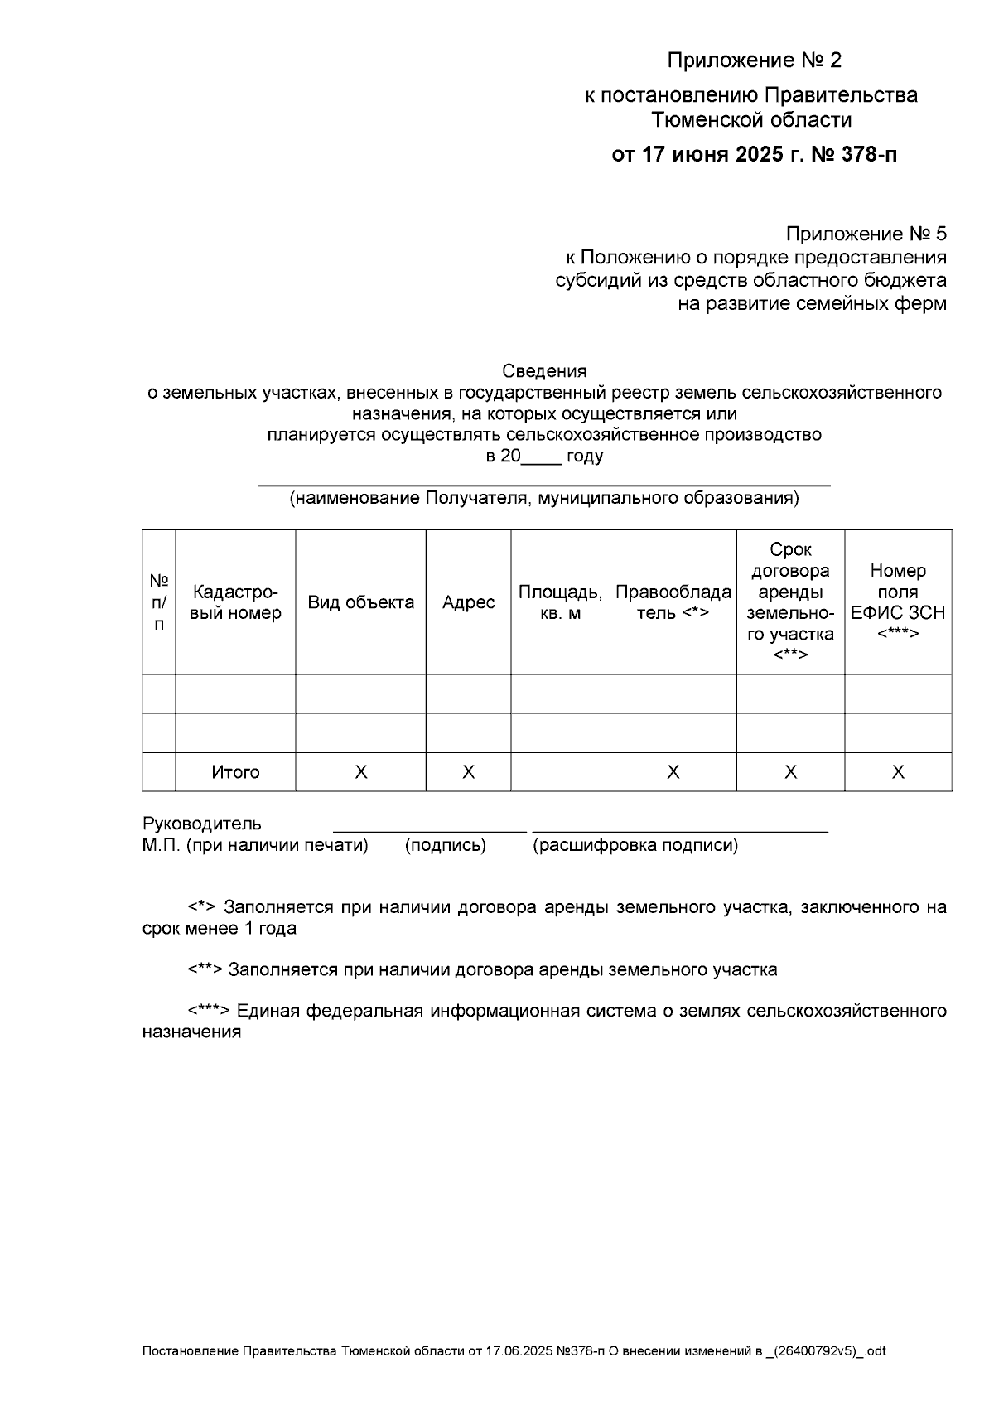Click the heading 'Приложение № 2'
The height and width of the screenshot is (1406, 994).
point(754,60)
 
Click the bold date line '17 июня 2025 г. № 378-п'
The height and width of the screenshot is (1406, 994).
point(754,155)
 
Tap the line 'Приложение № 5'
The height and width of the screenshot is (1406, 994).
point(866,234)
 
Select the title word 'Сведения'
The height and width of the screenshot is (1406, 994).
point(544,371)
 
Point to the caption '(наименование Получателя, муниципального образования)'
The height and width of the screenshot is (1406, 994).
point(544,499)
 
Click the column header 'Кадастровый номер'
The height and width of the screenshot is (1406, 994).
point(235,602)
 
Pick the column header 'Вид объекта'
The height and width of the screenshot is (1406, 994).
point(360,602)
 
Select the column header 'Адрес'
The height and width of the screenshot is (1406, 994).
point(468,602)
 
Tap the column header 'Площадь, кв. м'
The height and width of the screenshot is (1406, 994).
point(560,602)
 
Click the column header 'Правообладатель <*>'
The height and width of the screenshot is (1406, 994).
point(673,602)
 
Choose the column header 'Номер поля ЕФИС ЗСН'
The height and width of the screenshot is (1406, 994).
point(898,602)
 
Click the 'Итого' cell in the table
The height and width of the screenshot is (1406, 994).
point(235,772)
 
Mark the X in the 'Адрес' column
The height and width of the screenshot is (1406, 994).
point(468,772)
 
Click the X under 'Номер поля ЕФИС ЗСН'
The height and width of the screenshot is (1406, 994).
point(898,772)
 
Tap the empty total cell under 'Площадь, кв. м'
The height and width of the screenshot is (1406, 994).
point(560,772)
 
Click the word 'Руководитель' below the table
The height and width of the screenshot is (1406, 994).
point(202,824)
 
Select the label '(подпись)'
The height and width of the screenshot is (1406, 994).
point(445,845)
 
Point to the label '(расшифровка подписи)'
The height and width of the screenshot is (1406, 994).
point(635,845)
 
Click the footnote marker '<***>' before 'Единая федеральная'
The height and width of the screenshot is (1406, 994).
point(209,1012)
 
